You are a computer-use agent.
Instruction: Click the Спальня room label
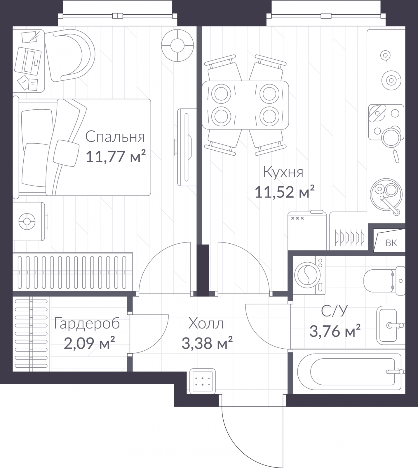coord(115,137)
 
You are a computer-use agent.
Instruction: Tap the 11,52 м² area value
coord(285,192)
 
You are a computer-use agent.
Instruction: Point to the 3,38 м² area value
coord(207,343)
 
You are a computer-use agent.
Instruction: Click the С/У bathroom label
coord(335,311)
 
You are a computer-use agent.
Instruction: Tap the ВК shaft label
coord(391,243)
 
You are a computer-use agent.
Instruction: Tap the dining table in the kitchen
coord(245,105)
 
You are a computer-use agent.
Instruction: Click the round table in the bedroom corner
coord(177,46)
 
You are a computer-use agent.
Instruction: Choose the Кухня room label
coord(283,172)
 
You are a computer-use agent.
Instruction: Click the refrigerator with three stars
coord(307,231)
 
